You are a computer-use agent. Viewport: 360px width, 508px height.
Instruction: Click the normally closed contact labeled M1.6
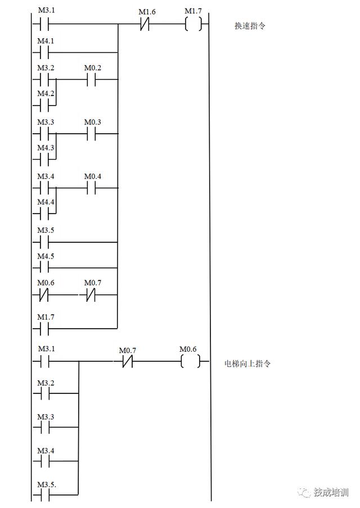click(144, 25)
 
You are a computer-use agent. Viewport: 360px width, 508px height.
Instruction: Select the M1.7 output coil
click(192, 25)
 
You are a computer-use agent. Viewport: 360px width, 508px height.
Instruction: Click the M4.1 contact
click(45, 53)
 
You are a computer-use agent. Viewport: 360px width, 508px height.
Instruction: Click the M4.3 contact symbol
click(45, 159)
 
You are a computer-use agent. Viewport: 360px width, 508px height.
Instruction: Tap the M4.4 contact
click(45, 214)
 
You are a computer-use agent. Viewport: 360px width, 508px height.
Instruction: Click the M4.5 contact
click(45, 267)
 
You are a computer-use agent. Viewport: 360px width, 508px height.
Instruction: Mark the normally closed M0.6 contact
click(45, 294)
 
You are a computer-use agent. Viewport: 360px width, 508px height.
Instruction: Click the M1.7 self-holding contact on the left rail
click(45, 328)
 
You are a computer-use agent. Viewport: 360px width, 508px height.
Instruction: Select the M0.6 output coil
click(190, 361)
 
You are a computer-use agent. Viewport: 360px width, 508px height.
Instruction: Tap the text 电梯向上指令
click(247, 364)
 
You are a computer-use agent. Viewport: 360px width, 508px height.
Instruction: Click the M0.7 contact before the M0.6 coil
click(127, 362)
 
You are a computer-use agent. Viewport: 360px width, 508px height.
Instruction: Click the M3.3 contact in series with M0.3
click(45, 134)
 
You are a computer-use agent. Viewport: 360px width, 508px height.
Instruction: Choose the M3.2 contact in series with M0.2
click(45, 80)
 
